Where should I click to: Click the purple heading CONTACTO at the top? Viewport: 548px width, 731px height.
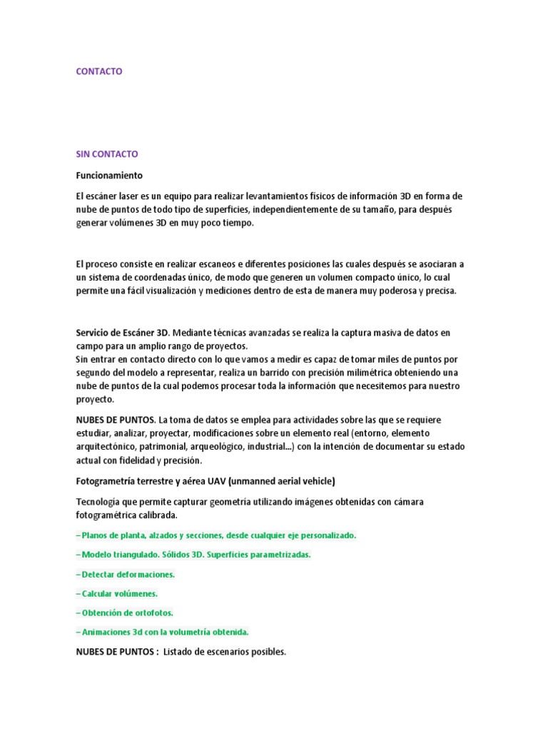pos(99,71)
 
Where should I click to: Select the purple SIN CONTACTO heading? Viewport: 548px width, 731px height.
pos(107,154)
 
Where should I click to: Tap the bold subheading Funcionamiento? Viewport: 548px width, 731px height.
pos(109,175)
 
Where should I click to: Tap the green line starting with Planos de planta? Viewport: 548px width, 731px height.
pos(215,535)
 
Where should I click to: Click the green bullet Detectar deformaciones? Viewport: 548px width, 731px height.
pos(126,574)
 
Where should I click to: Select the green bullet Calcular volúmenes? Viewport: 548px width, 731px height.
pos(117,593)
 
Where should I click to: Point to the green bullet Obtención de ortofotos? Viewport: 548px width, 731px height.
pos(125,612)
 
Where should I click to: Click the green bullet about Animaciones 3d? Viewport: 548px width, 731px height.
pos(162,632)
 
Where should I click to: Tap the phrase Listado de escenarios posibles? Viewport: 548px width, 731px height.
pos(225,652)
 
